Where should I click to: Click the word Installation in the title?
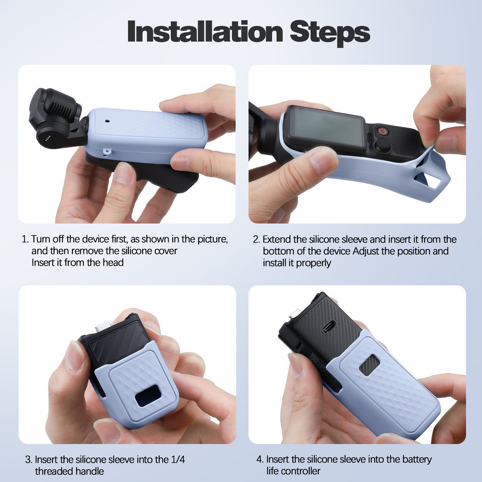(205, 32)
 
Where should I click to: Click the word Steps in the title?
(330, 33)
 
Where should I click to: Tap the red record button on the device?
(383, 131)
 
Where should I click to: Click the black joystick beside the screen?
(383, 145)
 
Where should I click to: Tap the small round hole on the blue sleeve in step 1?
(107, 121)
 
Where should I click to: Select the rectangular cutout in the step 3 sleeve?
(148, 395)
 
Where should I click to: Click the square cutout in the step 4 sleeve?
(369, 365)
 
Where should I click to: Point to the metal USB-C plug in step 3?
(103, 326)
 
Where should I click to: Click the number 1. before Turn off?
(25, 239)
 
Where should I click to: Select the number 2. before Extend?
(257, 240)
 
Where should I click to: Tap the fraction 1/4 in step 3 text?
(177, 459)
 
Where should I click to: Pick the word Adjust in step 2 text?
(366, 251)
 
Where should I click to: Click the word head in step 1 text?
(113, 263)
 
